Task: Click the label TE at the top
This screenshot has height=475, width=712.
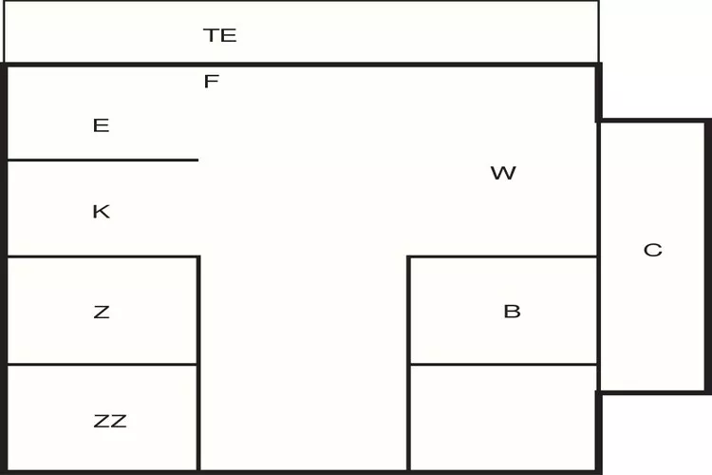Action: pyautogui.click(x=219, y=36)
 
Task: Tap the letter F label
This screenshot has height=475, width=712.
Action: pyautogui.click(x=211, y=82)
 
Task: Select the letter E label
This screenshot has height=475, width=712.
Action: pyautogui.click(x=101, y=125)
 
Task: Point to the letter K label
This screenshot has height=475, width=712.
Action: pyautogui.click(x=101, y=212)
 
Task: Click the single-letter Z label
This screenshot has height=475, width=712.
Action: pyautogui.click(x=101, y=312)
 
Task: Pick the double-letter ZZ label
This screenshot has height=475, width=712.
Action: pyautogui.click(x=110, y=421)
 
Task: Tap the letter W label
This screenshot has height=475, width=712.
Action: pyautogui.click(x=502, y=173)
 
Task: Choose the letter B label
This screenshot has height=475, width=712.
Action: pyautogui.click(x=512, y=312)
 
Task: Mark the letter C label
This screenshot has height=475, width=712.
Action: pyautogui.click(x=652, y=250)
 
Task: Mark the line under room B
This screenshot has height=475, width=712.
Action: pyautogui.click(x=503, y=364)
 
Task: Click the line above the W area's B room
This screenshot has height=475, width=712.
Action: pyautogui.click(x=503, y=256)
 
